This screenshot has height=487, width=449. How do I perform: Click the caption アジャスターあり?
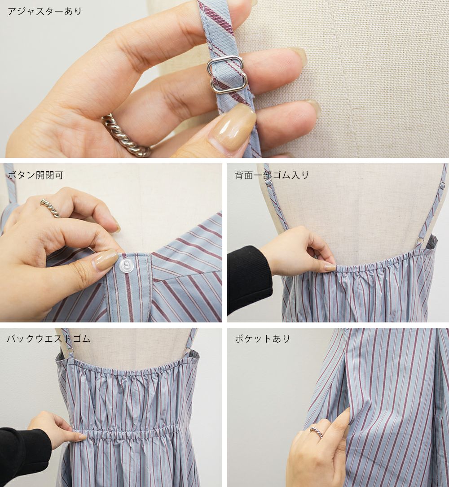tap(45, 12)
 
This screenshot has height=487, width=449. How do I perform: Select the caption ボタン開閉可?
tap(35, 175)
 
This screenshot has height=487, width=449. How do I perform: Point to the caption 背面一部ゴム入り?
tap(272, 175)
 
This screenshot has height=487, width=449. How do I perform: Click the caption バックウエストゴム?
tap(49, 338)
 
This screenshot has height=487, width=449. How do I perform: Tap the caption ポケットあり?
tap(262, 338)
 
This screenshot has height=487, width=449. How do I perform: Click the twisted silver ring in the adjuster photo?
tap(126, 135)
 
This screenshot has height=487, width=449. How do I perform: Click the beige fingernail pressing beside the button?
tap(102, 261)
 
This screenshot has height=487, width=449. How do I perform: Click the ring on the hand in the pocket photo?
tap(316, 432)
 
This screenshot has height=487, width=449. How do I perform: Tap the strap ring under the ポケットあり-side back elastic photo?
tap(420, 241)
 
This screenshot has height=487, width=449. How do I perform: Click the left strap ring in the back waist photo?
tap(70, 351)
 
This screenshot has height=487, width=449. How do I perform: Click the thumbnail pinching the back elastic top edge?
tap(330, 267)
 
